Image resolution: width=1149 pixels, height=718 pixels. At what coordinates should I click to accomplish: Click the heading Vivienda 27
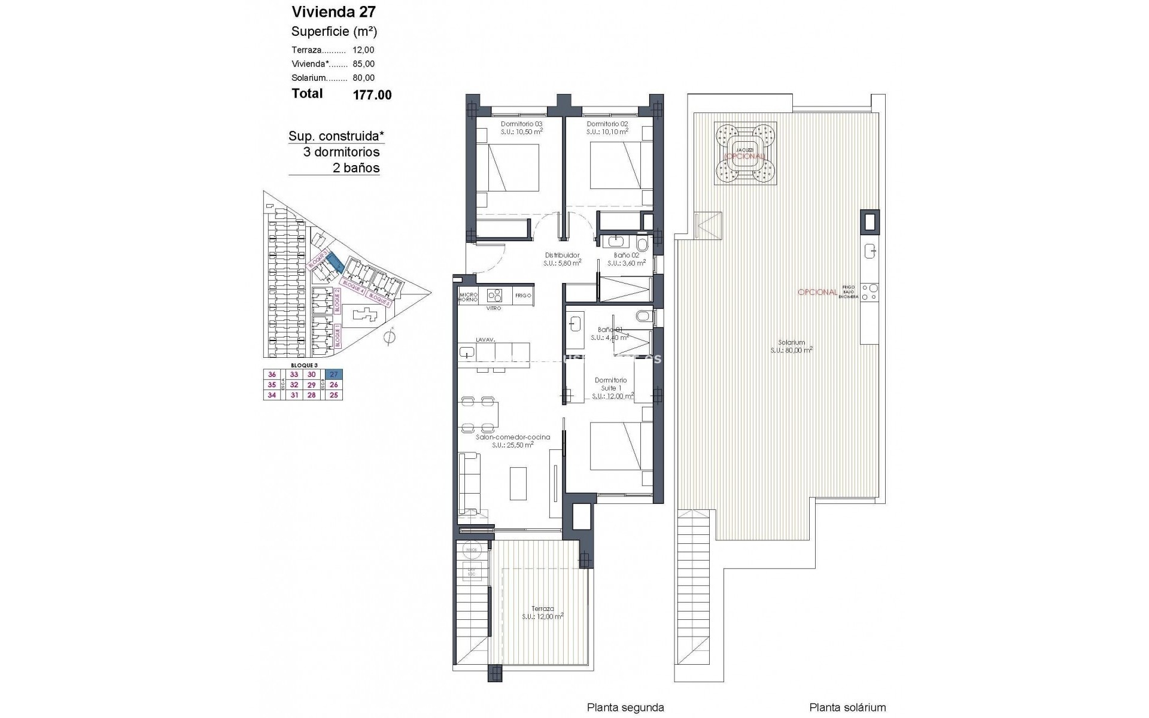pyautogui.click(x=333, y=11)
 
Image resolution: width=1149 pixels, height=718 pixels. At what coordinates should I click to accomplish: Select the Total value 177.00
pyautogui.click(x=372, y=95)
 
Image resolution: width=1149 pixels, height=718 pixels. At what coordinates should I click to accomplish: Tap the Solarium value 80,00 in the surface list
pyautogui.click(x=364, y=78)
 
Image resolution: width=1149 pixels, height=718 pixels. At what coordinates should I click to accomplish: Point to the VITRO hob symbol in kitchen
pyautogui.click(x=495, y=295)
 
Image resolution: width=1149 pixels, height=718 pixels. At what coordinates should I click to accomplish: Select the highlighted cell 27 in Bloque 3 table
pyautogui.click(x=334, y=375)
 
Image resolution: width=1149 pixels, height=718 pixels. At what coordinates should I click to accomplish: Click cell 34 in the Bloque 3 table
pyautogui.click(x=272, y=395)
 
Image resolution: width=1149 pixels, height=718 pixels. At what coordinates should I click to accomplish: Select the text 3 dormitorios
pyautogui.click(x=341, y=152)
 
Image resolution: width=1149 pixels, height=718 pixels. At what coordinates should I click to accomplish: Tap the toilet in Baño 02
pyautogui.click(x=642, y=245)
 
